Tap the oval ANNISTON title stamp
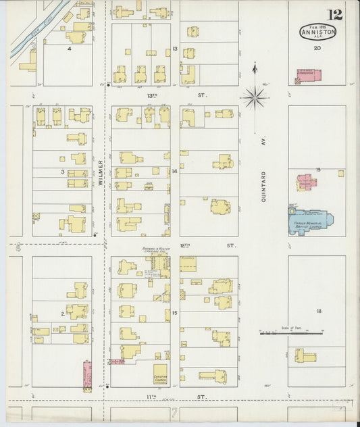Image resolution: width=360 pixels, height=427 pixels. pyautogui.click(x=317, y=32)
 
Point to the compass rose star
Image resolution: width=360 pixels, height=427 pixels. pyautogui.click(x=254, y=98)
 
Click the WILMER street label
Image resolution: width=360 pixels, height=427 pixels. pyautogui.click(x=101, y=172)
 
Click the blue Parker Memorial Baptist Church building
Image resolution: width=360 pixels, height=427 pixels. pyautogui.click(x=311, y=221)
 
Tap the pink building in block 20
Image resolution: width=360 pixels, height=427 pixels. pyautogui.click(x=309, y=76)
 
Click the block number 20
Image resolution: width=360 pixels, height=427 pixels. pyautogui.click(x=317, y=48)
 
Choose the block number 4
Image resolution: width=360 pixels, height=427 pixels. pyautogui.click(x=69, y=49)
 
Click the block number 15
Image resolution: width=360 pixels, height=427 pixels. pyautogui.click(x=174, y=312)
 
